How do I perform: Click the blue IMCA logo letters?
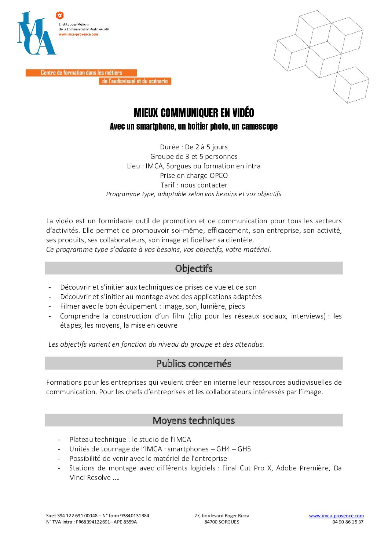tap(36, 35)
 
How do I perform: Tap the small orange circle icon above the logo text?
tap(59, 15)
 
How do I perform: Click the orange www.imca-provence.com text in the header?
tap(78, 34)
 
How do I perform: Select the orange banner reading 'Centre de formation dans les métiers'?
tap(81, 72)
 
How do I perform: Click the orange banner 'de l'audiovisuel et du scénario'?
tap(135, 81)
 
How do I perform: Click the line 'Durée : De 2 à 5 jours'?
tap(194, 147)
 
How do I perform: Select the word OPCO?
tap(219, 176)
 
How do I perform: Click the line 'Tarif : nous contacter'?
tap(194, 185)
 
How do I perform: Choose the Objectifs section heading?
tap(194, 268)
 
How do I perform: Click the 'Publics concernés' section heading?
tap(194, 364)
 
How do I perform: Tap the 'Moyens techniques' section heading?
tap(194, 420)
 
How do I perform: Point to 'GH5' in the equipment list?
tap(244, 449)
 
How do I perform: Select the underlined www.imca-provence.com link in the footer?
tap(336, 516)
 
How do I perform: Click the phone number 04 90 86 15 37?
tap(348, 522)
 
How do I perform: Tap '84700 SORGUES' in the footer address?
tap(222, 522)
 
